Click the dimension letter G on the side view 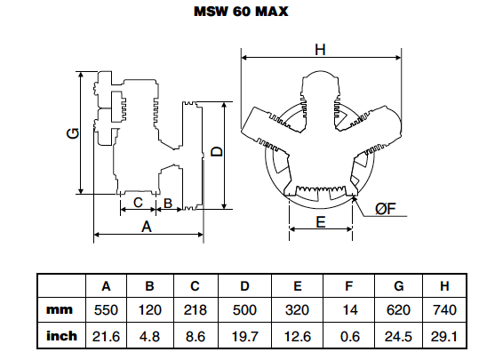pyautogui.click(x=73, y=133)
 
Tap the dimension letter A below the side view pyautogui.click(x=148, y=227)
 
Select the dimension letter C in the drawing pyautogui.click(x=137, y=204)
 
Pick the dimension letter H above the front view pyautogui.click(x=319, y=51)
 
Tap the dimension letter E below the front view pyautogui.click(x=321, y=223)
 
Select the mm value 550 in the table pyautogui.click(x=106, y=310)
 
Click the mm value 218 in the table pyautogui.click(x=198, y=310)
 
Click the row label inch pyautogui.click(x=61, y=337)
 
